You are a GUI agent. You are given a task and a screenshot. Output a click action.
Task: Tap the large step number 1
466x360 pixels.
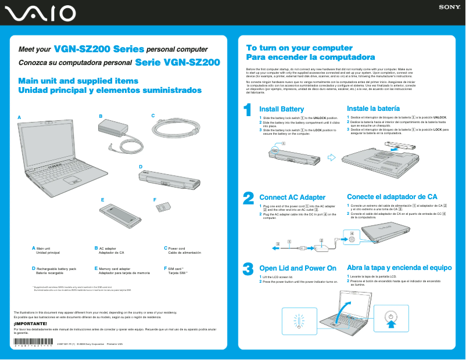coord(248,110)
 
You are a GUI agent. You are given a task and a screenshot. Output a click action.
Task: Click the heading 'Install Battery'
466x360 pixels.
coord(281,109)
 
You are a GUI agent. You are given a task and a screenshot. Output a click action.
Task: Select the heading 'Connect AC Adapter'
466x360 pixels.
coord(292,197)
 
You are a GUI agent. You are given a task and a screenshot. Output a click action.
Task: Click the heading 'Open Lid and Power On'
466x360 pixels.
coord(297,268)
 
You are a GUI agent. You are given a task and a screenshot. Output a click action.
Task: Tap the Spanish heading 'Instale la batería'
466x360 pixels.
coord(373,109)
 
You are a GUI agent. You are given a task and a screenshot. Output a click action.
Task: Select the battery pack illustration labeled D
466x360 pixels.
coord(169,178)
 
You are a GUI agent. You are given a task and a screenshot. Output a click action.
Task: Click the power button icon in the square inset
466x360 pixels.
coord(392,317)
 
